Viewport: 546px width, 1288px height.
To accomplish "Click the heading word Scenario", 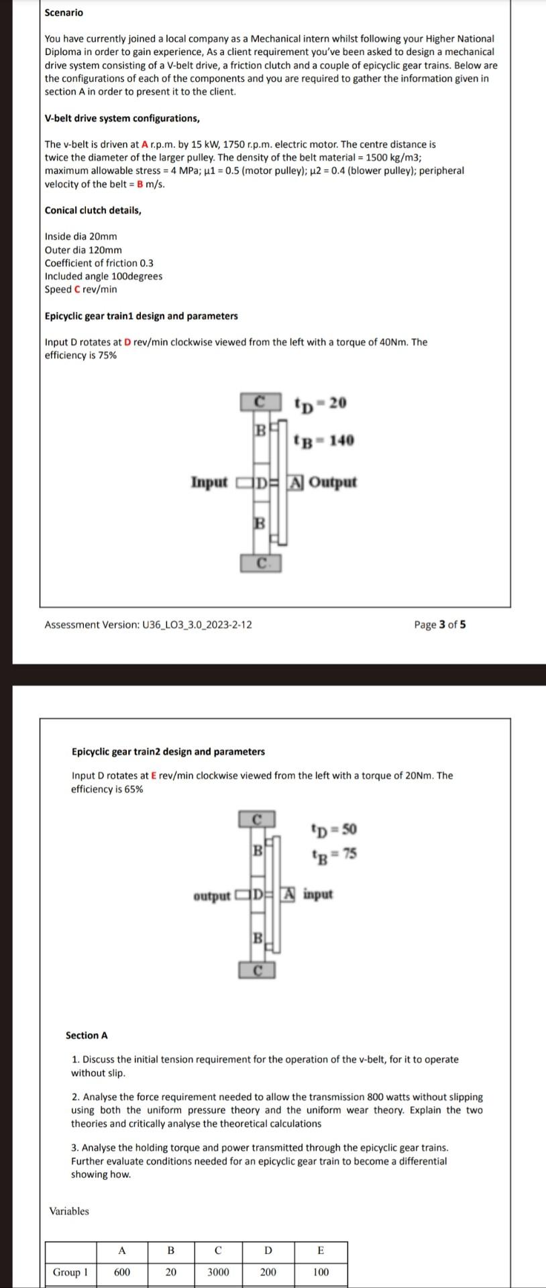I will pyautogui.click(x=64, y=13).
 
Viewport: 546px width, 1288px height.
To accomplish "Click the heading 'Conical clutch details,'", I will pyautogui.click(x=93, y=210).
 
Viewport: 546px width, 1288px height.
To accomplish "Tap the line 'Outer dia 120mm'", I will pyautogui.click(x=83, y=250).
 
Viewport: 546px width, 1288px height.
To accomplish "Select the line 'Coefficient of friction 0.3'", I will pyautogui.click(x=99, y=263).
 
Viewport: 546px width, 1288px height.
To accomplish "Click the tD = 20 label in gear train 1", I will pyautogui.click(x=321, y=403).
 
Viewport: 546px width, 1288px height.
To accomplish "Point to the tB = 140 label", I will pyautogui.click(x=324, y=441).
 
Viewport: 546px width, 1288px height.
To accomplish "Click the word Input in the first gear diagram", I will pyautogui.click(x=209, y=482).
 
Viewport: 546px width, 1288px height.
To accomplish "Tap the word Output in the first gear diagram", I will pyautogui.click(x=333, y=482).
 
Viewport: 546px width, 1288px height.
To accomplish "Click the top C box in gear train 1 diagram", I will pyautogui.click(x=258, y=402).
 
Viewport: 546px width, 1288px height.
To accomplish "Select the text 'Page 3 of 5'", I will pyautogui.click(x=439, y=625).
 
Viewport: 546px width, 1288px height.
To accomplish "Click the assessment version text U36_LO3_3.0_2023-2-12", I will pyautogui.click(x=148, y=625).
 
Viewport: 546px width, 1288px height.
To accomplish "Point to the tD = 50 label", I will pyautogui.click(x=334, y=829).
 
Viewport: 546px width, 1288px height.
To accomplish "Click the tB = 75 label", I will pyautogui.click(x=334, y=854).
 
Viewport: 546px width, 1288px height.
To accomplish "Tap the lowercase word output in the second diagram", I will pyautogui.click(x=211, y=896).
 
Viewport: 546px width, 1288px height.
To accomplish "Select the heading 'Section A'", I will pyautogui.click(x=87, y=1035).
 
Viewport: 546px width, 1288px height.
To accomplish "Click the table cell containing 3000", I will pyautogui.click(x=218, y=1272).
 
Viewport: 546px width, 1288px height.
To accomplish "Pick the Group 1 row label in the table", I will pyautogui.click(x=70, y=1272).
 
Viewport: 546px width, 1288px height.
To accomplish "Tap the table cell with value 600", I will pyautogui.click(x=122, y=1272).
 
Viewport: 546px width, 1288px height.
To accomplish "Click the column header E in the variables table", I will pyautogui.click(x=321, y=1250).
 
